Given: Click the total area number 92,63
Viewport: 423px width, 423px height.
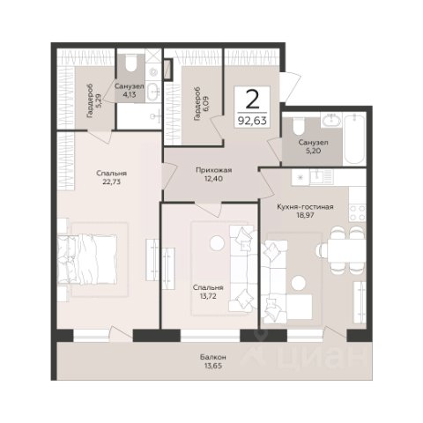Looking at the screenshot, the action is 252,121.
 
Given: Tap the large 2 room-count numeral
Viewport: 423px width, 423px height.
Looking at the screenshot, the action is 252,99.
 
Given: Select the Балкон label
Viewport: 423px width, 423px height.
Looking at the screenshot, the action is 213,357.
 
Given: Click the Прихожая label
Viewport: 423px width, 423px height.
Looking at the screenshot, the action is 214,170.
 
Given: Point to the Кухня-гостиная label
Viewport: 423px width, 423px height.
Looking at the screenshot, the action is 305,207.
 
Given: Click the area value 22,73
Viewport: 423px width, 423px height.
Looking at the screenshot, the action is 112,182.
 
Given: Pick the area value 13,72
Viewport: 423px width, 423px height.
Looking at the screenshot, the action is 208,296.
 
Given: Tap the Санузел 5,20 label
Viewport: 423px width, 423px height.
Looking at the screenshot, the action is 313,147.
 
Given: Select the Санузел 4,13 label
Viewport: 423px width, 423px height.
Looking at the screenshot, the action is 130,91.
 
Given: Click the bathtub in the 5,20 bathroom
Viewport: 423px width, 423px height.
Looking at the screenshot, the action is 355,139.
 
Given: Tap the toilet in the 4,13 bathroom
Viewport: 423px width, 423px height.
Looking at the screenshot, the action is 130,63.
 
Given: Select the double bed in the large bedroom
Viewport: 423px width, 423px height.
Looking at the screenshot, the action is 87,259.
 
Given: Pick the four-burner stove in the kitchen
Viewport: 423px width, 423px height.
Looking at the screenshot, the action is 357,212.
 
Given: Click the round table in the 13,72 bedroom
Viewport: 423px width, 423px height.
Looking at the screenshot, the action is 217,242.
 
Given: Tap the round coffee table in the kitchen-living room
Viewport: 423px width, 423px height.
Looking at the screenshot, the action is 299,283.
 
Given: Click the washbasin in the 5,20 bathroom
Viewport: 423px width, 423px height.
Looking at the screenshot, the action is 331,120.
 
